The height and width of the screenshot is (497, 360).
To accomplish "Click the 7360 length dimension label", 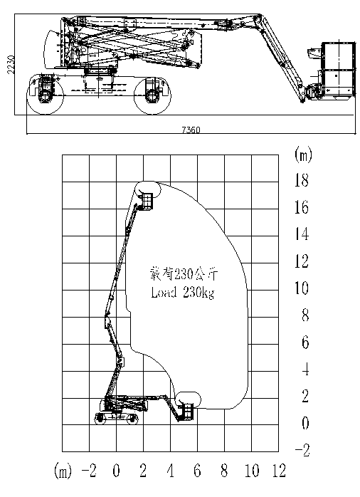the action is (191, 130).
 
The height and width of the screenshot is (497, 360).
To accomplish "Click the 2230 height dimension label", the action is (11, 64).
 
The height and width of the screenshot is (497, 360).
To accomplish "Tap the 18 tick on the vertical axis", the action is (302, 180).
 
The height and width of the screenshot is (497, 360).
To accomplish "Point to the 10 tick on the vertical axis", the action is (302, 288).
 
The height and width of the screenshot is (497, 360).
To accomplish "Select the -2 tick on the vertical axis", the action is (302, 450).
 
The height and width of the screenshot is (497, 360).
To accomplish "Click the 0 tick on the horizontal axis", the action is (116, 471).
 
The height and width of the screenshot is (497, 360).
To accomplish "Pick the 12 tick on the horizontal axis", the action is (279, 471).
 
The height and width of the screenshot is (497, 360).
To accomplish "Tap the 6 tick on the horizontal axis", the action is (197, 471).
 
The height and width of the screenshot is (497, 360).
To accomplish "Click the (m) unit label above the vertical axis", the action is (303, 155).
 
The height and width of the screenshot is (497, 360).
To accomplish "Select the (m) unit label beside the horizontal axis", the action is (63, 471).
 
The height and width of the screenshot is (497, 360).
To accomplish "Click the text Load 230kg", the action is (183, 293).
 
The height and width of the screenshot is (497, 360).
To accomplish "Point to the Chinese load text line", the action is (184, 274).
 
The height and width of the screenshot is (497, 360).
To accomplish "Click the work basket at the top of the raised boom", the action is (147, 202).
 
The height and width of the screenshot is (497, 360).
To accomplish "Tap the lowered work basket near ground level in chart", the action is (187, 412).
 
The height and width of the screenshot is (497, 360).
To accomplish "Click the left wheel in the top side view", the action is (46, 94).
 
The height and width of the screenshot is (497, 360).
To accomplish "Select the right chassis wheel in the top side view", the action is (152, 95).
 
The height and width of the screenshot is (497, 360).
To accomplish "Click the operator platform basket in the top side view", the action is (337, 70).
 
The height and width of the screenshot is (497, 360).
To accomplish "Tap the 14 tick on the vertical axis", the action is (302, 234).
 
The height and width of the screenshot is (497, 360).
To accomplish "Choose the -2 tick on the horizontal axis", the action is (89, 471).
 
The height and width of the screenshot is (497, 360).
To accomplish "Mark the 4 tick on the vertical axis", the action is (305, 370).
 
